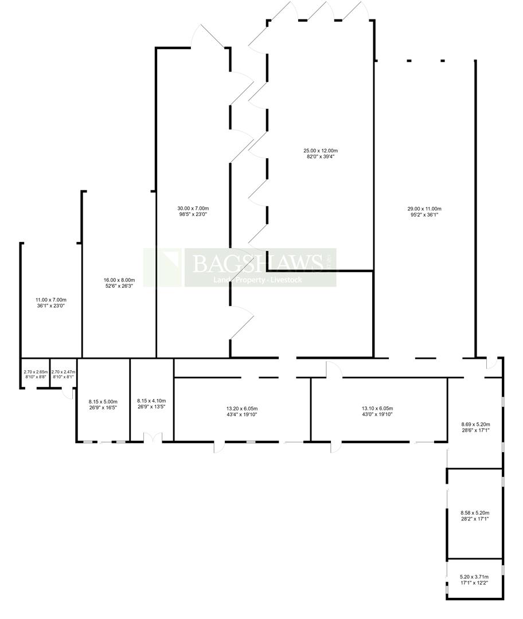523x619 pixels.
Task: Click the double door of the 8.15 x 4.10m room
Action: pos(153,438)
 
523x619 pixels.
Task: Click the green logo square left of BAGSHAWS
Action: pos(163,267)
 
